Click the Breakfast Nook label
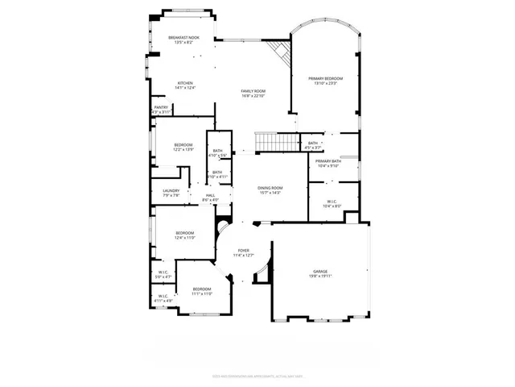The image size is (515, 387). pos(184,40)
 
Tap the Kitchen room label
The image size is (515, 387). pos(185,85)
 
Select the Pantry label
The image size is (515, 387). pos(161,109)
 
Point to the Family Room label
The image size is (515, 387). pos(253,94)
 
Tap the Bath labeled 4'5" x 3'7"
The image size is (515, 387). pos(313,145)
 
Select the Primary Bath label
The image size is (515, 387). pos(328,164)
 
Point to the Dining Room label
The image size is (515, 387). pos(270,190)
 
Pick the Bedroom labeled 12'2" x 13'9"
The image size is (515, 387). pos(183,147)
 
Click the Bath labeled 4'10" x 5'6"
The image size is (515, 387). pos(217,153)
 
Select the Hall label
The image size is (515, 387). pos(210,198)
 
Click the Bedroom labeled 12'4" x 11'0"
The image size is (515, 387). pos(185,235)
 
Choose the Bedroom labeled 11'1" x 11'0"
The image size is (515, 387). pos(201,291)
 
